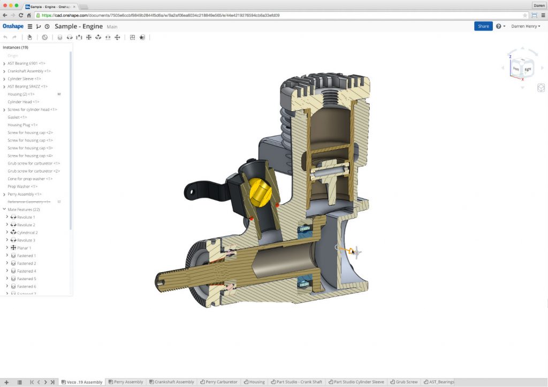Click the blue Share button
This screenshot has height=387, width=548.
click(x=483, y=26)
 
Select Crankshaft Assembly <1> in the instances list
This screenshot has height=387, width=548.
click(x=29, y=71)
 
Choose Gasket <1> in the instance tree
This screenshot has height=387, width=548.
click(x=17, y=117)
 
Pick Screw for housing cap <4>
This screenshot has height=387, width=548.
click(x=30, y=156)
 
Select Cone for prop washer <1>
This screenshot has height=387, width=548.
click(x=30, y=179)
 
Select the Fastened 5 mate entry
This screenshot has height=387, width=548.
click(x=26, y=278)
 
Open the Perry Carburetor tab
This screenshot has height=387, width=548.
click(x=221, y=382)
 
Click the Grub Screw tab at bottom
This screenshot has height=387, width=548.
click(x=406, y=382)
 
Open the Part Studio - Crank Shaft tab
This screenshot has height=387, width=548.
click(x=299, y=382)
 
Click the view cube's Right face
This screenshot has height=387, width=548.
click(x=527, y=69)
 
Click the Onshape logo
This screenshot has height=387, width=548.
click(x=13, y=26)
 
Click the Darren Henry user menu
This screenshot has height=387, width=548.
click(x=525, y=26)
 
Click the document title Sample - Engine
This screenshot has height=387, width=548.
click(x=78, y=26)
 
